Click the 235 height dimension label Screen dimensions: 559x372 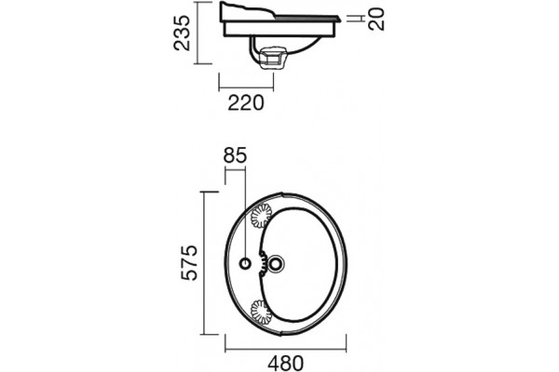coord(182,33)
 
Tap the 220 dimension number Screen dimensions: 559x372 coord(246,103)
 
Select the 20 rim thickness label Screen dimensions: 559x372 coord(376,20)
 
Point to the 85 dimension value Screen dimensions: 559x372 coord(235,155)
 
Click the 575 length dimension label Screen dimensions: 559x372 coord(189,262)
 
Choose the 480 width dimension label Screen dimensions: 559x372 coord(286,364)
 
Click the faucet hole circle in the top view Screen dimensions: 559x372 coord(245,264)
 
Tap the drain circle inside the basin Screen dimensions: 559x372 coord(276,264)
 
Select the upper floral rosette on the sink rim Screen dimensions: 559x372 coord(261,216)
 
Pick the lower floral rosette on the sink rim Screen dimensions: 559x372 coord(260,311)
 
